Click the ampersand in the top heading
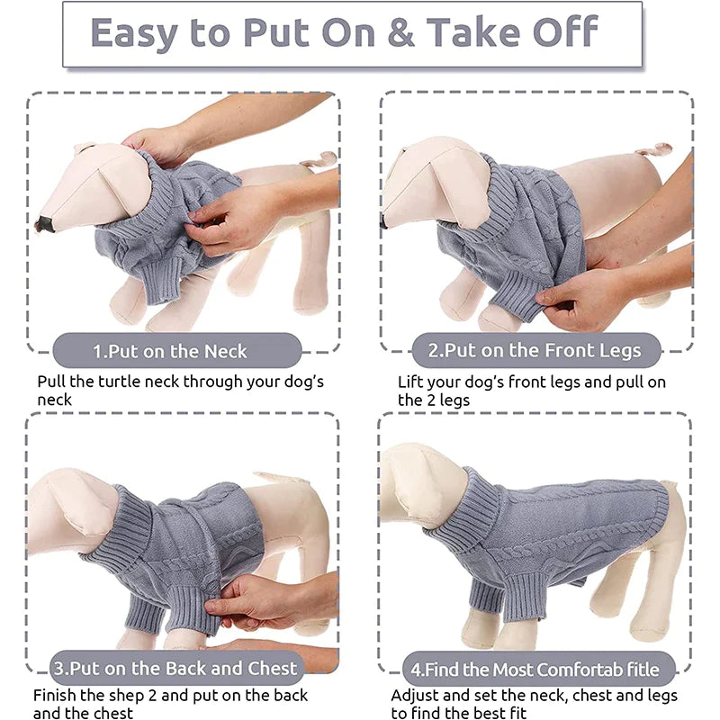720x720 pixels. (x=400, y=32)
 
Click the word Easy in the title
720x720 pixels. (x=134, y=34)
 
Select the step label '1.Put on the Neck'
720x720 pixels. (x=170, y=351)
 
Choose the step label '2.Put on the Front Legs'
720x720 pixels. (x=535, y=350)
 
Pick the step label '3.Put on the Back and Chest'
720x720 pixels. (x=175, y=668)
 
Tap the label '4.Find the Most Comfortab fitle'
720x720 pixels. (x=535, y=670)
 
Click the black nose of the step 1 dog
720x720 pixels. (x=44, y=224)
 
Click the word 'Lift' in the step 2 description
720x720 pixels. (x=411, y=382)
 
